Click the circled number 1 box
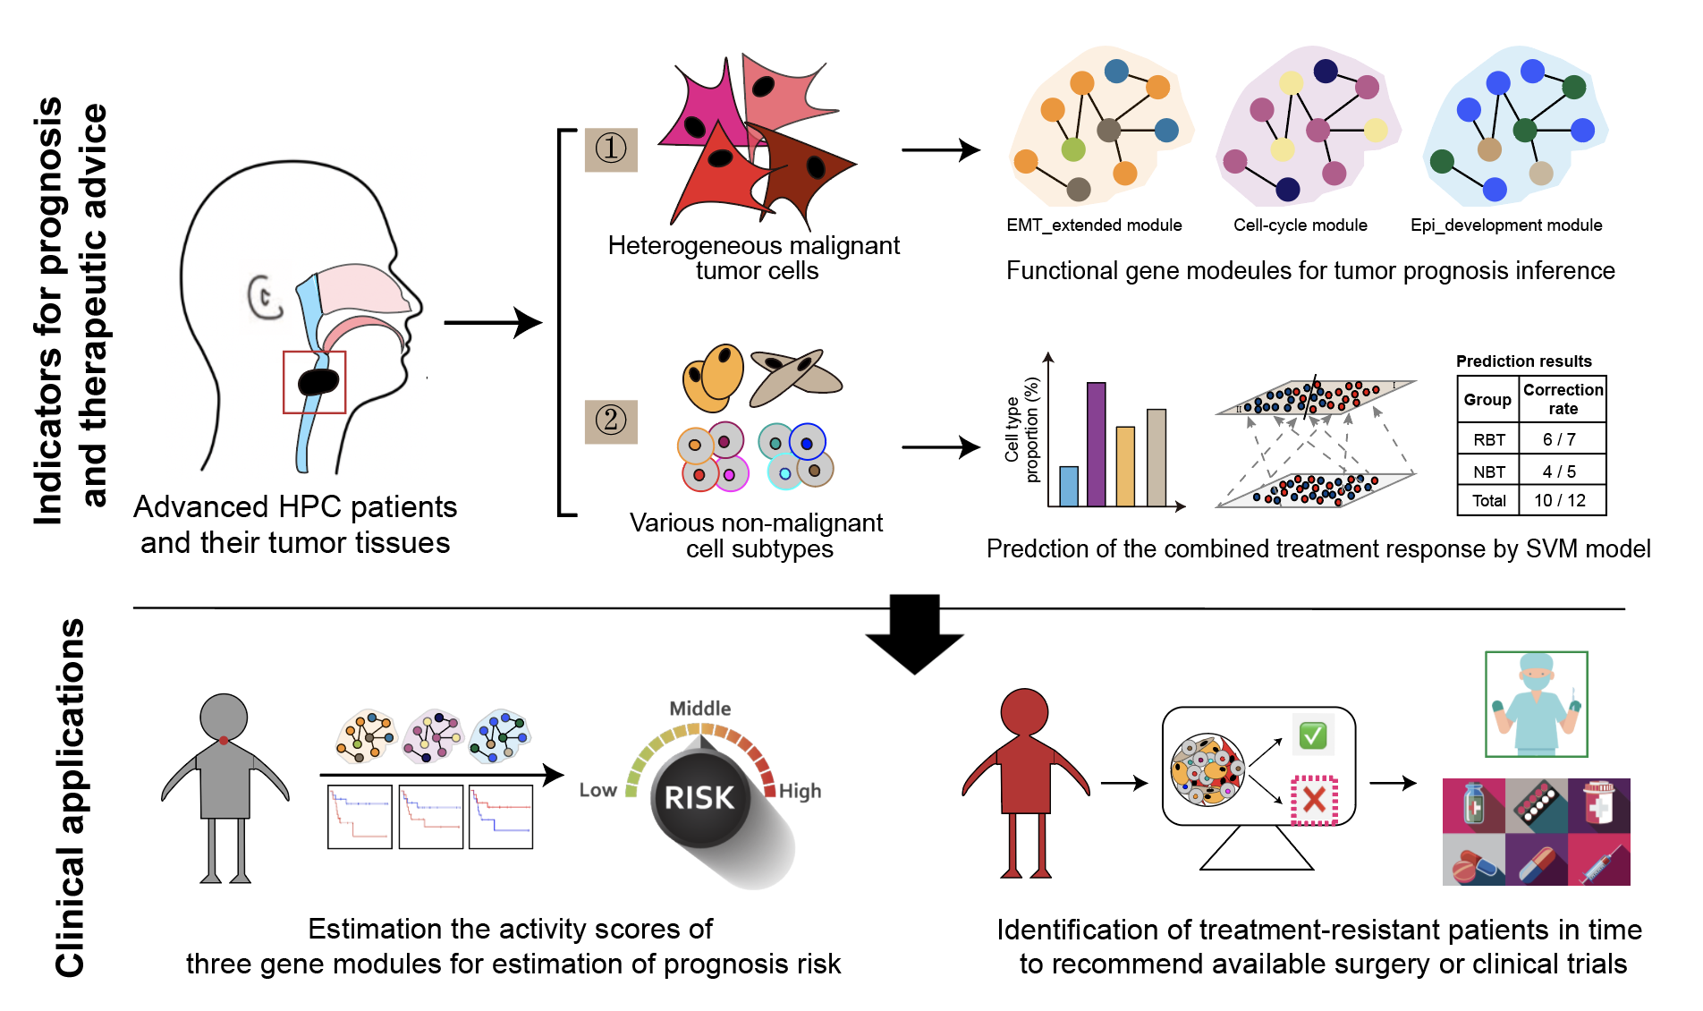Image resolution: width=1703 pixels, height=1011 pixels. tap(611, 149)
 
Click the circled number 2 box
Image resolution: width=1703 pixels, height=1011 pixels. tap(611, 421)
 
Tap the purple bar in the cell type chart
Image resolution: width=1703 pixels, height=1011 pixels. tap(1096, 445)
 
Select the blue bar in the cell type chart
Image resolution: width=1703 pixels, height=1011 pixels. tap(1068, 486)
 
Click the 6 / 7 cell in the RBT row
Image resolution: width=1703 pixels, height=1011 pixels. tap(1559, 439)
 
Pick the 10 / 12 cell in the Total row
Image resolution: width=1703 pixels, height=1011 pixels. tap(1559, 500)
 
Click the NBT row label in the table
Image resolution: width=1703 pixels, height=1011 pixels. tap(1488, 472)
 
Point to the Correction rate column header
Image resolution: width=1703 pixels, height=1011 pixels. tap(1563, 399)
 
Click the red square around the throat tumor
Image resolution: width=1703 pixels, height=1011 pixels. tap(314, 382)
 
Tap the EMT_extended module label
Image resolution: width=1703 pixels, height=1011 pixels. tap(1094, 225)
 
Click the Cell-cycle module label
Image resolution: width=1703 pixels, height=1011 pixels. tap(1300, 225)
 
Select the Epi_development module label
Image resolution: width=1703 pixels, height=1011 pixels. tap(1506, 225)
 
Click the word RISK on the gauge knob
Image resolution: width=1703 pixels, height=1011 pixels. tap(699, 797)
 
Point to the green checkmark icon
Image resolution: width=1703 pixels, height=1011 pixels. tap(1312, 735)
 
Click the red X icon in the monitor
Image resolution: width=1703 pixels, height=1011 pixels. tap(1313, 799)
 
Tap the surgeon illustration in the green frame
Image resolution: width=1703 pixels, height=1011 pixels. tap(1536, 704)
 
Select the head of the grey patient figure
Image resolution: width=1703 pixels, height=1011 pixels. tap(224, 717)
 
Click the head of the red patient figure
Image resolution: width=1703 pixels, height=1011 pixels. tap(1024, 712)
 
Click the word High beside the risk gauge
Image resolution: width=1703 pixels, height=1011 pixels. tap(800, 791)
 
